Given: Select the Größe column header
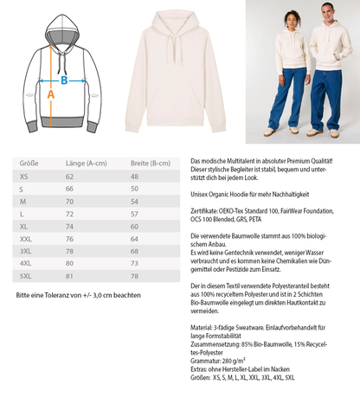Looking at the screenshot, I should tap(28, 162).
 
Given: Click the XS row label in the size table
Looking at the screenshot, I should tap(22, 176).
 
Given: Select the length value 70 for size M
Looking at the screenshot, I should tap(69, 201).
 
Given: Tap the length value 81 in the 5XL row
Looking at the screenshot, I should tap(69, 275).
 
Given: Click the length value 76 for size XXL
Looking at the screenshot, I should tap(69, 238).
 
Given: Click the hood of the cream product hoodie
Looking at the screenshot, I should tap(180, 22).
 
